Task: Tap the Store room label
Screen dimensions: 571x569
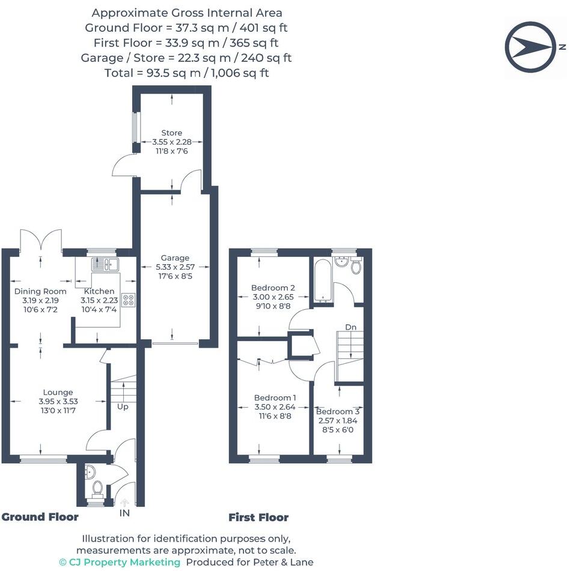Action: coord(171,133)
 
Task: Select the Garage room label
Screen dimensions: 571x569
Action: coord(175,258)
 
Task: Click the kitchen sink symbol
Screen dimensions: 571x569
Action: coord(106,264)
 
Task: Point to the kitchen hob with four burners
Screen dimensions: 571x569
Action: coord(128,300)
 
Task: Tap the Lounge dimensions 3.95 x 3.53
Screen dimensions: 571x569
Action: coord(58,402)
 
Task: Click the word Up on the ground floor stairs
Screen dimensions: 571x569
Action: coord(123,406)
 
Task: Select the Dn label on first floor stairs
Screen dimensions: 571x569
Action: coord(350,327)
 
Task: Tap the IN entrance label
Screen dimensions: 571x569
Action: coord(124,513)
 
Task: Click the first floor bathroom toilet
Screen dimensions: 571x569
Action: coord(356,267)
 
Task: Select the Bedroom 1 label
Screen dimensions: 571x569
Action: coord(275,397)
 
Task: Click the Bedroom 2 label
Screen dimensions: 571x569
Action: coord(273,288)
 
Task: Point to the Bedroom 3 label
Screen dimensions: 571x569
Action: coord(338,411)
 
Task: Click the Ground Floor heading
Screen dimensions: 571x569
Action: coord(40,517)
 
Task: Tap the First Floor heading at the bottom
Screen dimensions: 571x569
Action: coord(258,517)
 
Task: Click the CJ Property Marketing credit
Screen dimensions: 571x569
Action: coord(120,562)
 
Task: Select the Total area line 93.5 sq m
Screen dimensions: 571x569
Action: coord(186,73)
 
